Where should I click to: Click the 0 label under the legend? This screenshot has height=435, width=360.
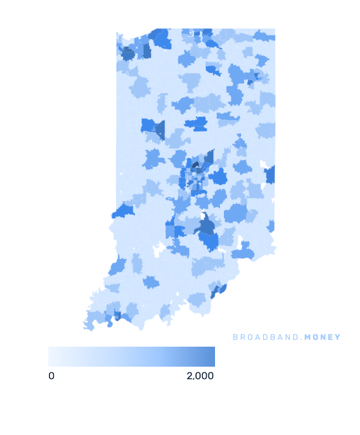point(52,376)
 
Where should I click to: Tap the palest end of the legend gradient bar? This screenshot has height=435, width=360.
point(51,357)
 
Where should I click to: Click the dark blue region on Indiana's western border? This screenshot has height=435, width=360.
point(123,212)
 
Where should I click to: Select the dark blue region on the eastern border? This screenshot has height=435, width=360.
point(271,175)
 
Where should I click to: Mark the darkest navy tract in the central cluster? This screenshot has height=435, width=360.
point(195,163)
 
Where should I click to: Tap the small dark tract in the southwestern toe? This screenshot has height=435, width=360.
point(117,316)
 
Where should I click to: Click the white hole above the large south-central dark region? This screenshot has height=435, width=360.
point(204,217)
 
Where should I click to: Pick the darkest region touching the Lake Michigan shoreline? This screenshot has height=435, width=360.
point(161,39)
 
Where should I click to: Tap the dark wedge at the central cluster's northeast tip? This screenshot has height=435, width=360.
point(209,157)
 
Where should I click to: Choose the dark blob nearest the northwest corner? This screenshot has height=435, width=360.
point(128,54)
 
